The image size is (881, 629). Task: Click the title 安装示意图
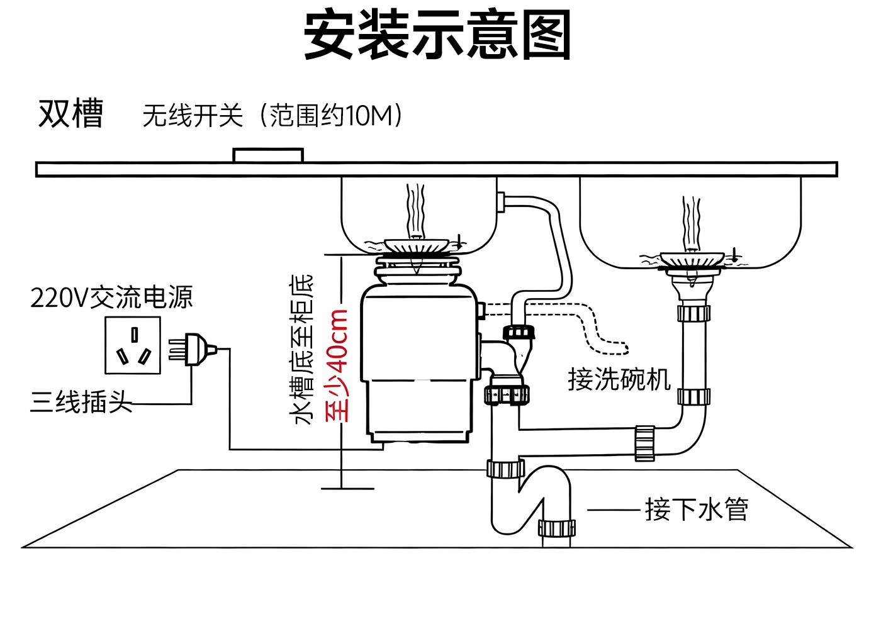point(437,35)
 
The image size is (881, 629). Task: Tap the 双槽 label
point(70,114)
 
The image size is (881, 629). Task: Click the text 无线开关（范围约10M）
point(272,116)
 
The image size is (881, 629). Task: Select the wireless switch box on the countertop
point(268,155)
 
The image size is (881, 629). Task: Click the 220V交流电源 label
point(111,298)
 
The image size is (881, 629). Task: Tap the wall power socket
point(132,345)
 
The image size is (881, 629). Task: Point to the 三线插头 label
point(81,401)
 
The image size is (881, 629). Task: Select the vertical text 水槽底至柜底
point(303,349)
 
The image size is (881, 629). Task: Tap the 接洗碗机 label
point(619,379)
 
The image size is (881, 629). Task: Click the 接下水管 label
point(697,509)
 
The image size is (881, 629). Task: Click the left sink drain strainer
point(418,246)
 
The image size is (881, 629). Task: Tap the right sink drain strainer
point(692,259)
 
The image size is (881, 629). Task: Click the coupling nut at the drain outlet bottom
point(557,528)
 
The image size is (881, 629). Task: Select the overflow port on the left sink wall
point(502,202)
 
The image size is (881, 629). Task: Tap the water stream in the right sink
point(692,223)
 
